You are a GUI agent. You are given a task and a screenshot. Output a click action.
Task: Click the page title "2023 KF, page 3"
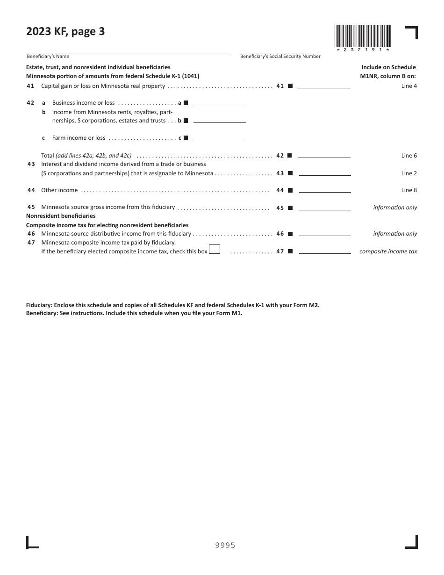pyautogui.click(x=65, y=32)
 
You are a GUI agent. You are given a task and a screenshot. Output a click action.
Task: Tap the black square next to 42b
pyautogui.click(x=186, y=121)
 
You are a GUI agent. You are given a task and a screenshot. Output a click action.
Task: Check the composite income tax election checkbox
pyautogui.click(x=215, y=250)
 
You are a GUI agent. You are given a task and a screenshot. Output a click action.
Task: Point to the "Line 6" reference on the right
pyautogui.click(x=409, y=156)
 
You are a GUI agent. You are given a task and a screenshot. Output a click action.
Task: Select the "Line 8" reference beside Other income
pyautogui.click(x=409, y=190)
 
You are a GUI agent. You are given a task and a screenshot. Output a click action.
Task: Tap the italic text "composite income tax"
pyautogui.click(x=388, y=252)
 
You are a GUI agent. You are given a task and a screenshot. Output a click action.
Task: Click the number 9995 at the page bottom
pyautogui.click(x=225, y=545)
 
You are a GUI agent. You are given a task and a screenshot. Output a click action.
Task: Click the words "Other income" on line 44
pyautogui.click(x=59, y=190)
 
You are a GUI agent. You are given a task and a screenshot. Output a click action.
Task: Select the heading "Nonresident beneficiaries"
pyautogui.click(x=61, y=216)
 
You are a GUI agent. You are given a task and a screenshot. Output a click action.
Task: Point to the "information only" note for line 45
pyautogui.click(x=395, y=208)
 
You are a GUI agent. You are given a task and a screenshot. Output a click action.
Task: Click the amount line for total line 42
pyautogui.click(x=324, y=156)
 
